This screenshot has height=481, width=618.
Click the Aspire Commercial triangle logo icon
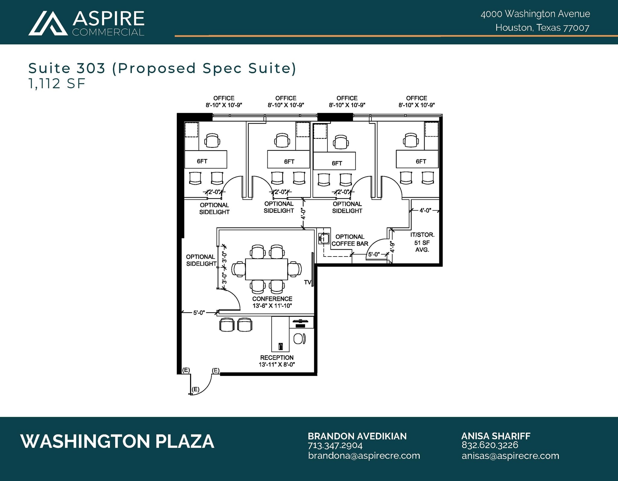pos(48,23)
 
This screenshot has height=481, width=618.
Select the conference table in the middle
pos(266,269)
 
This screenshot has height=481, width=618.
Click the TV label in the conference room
pos(307,282)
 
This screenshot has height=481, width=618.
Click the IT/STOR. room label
pos(422,235)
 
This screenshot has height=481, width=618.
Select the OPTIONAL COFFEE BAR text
pos(350,240)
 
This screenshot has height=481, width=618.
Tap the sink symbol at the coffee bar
pos(323,239)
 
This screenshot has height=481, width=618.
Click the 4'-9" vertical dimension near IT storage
pos(392,247)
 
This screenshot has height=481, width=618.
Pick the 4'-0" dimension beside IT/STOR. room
pos(425,210)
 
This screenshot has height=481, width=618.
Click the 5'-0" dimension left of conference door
pos(199,313)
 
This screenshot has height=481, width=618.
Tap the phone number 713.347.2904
pos(335,445)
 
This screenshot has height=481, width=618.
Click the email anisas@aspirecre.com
pos(510,456)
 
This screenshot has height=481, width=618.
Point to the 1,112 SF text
pos(57,84)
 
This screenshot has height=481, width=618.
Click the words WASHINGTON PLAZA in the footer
pos(117,441)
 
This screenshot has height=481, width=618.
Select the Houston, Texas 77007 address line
pos(542,28)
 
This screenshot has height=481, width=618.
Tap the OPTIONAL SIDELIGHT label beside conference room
pos(201,260)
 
